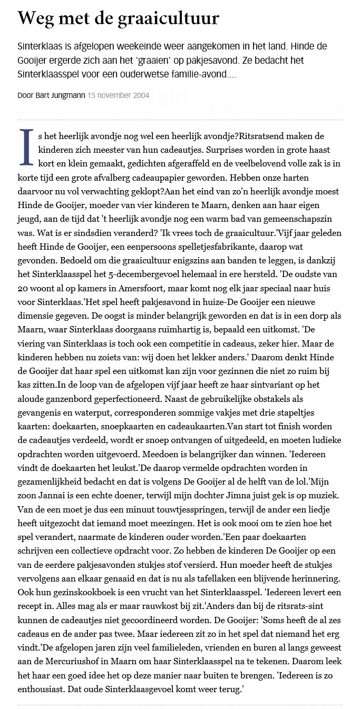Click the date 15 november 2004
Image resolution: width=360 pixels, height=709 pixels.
(x=119, y=95)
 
